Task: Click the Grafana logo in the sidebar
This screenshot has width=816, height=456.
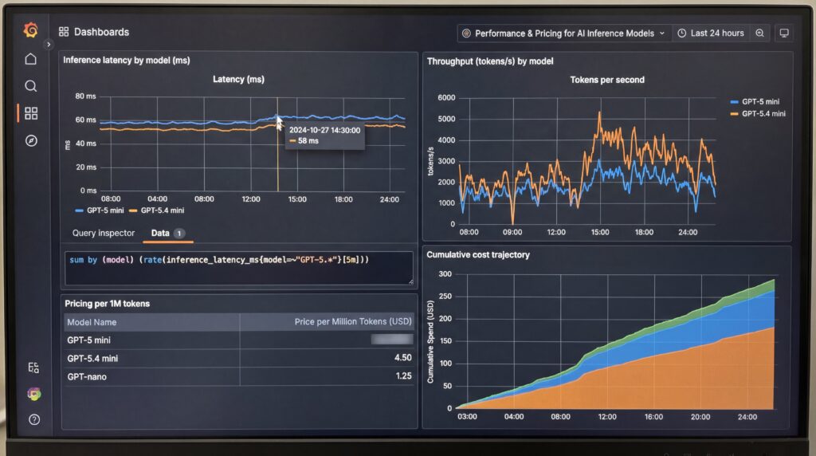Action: (x=30, y=30)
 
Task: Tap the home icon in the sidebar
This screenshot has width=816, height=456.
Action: (x=30, y=59)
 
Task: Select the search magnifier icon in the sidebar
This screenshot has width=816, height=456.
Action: (x=30, y=86)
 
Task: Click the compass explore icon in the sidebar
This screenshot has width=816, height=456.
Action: (x=30, y=140)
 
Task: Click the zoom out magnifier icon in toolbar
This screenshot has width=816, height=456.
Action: (x=759, y=33)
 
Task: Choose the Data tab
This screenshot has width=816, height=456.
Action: (x=160, y=234)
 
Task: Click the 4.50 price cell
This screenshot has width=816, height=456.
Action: (x=403, y=358)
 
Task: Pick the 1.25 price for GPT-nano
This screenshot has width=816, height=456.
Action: (x=403, y=375)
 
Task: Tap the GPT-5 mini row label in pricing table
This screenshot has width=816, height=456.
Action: (x=88, y=340)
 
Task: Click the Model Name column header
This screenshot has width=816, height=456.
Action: (x=92, y=322)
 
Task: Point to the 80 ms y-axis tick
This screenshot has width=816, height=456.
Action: (x=85, y=96)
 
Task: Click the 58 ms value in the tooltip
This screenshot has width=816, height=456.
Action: (x=308, y=141)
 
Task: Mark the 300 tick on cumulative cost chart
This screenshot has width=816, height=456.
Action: (x=444, y=273)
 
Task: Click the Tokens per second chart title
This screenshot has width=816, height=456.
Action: (x=607, y=80)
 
